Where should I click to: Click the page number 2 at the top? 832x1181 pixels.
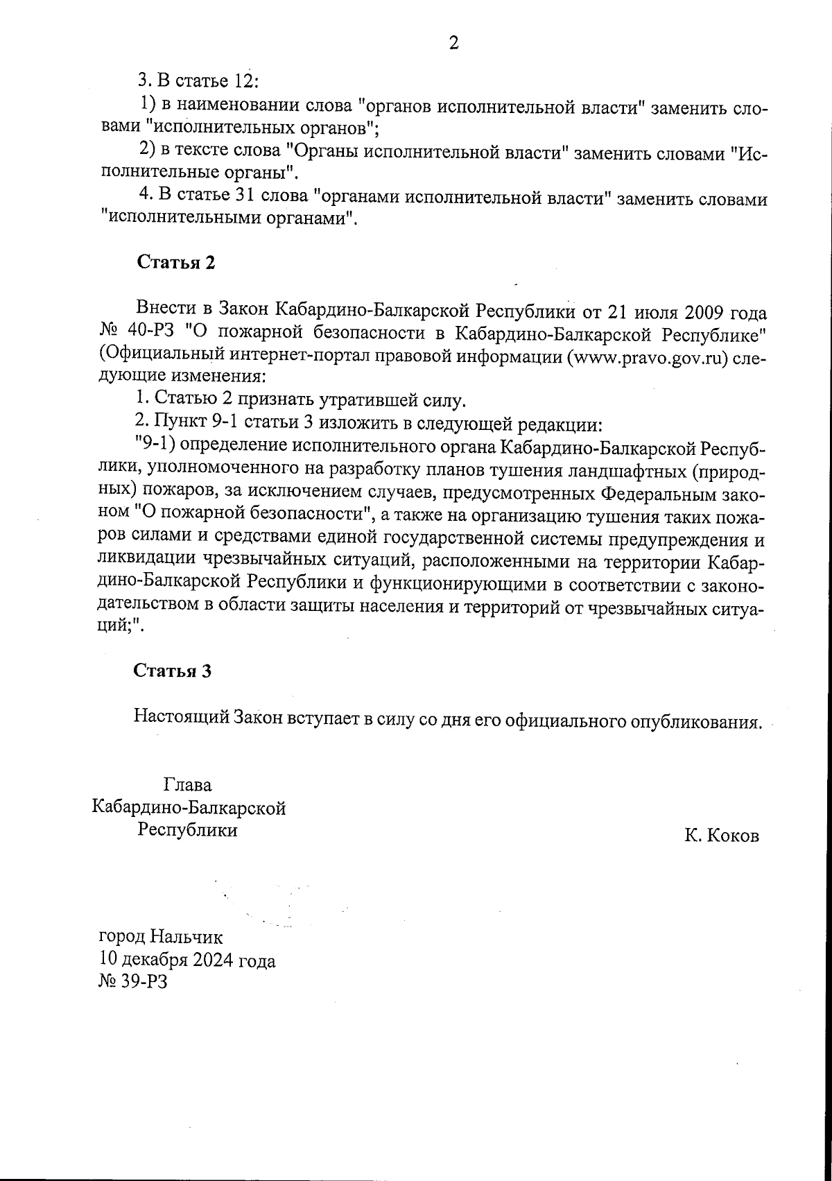(x=454, y=44)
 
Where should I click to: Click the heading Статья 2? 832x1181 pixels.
(x=176, y=262)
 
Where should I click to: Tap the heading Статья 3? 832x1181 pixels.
(x=172, y=671)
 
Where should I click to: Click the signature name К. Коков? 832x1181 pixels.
(x=722, y=836)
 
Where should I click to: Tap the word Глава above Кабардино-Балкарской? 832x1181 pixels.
(x=188, y=785)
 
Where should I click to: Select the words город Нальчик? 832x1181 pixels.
(x=162, y=938)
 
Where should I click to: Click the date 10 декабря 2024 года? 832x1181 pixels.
(x=187, y=960)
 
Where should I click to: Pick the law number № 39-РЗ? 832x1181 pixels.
(x=134, y=983)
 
